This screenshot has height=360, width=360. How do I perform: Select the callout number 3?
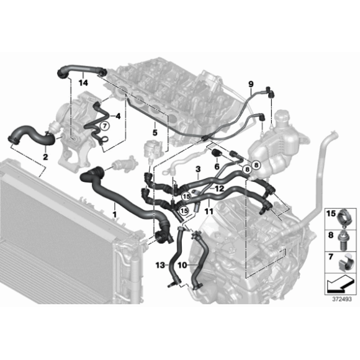tap(197, 168)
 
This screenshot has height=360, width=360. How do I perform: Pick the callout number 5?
tap(154, 132)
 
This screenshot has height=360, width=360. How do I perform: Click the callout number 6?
tap(217, 166)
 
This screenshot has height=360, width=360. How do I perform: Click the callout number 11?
tap(209, 211)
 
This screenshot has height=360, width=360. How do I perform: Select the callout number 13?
tap(160, 264)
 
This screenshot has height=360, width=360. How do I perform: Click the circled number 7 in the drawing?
tap(104, 125)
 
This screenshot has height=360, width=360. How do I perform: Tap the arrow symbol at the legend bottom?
tap(339, 285)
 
